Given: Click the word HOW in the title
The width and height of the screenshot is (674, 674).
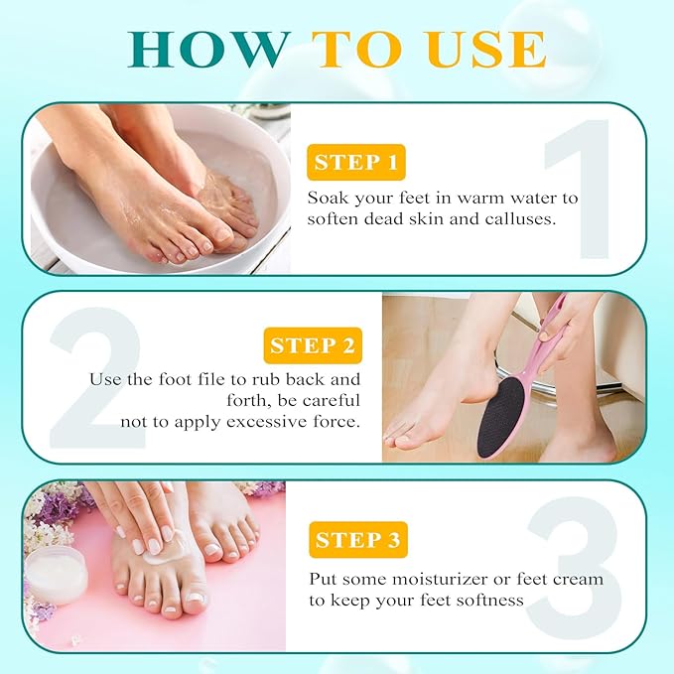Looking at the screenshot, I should click(x=207, y=50).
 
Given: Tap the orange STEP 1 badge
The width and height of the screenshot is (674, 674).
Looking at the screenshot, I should click(x=356, y=162).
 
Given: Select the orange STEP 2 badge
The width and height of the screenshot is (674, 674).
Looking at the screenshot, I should click(x=312, y=345).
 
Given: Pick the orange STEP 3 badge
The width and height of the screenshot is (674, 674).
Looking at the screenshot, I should click(x=358, y=540).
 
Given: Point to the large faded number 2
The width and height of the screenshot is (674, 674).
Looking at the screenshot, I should click(x=95, y=377).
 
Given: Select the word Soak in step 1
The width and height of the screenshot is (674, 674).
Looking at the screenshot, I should click(x=329, y=197).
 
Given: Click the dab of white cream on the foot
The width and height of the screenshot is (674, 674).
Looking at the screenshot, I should click(x=154, y=557).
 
